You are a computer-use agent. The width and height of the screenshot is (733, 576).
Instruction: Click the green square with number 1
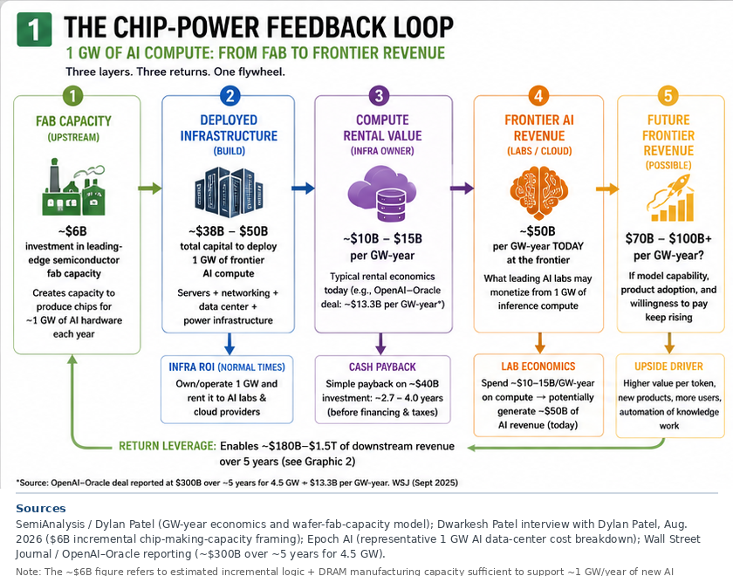pyautogui.click(x=34, y=30)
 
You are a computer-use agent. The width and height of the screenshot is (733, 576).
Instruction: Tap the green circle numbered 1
pyautogui.click(x=73, y=96)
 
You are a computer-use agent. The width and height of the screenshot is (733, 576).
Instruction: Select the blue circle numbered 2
pyautogui.click(x=230, y=96)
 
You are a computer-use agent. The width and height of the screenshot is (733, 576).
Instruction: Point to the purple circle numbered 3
pyautogui.click(x=379, y=96)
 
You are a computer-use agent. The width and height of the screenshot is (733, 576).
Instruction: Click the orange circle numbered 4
pyautogui.click(x=538, y=96)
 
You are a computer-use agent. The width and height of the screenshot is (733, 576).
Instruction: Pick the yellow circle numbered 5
pyautogui.click(x=668, y=96)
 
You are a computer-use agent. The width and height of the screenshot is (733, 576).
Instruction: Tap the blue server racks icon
pyautogui.click(x=229, y=192)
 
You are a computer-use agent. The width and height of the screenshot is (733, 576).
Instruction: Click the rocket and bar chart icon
pyautogui.click(x=670, y=198)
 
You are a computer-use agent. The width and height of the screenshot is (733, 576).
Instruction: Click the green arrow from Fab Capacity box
pyautogui.click(x=150, y=189)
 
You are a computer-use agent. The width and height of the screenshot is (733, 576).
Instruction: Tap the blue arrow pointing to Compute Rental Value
pyautogui.click(x=303, y=189)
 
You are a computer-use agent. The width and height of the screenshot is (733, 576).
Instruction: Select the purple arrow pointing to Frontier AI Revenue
pyautogui.click(x=462, y=189)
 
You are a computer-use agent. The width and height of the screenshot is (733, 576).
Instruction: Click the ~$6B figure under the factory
pyautogui.click(x=73, y=231)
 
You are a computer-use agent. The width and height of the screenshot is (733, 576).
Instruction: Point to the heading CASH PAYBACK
pyautogui.click(x=382, y=367)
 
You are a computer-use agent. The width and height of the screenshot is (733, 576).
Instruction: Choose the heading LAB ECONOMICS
pyautogui.click(x=538, y=367)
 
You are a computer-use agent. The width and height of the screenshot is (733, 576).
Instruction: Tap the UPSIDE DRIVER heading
pyautogui.click(x=669, y=367)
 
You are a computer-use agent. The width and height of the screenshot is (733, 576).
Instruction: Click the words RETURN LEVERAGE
pyautogui.click(x=168, y=446)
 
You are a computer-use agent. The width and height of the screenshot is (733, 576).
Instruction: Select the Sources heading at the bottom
pyautogui.click(x=41, y=509)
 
